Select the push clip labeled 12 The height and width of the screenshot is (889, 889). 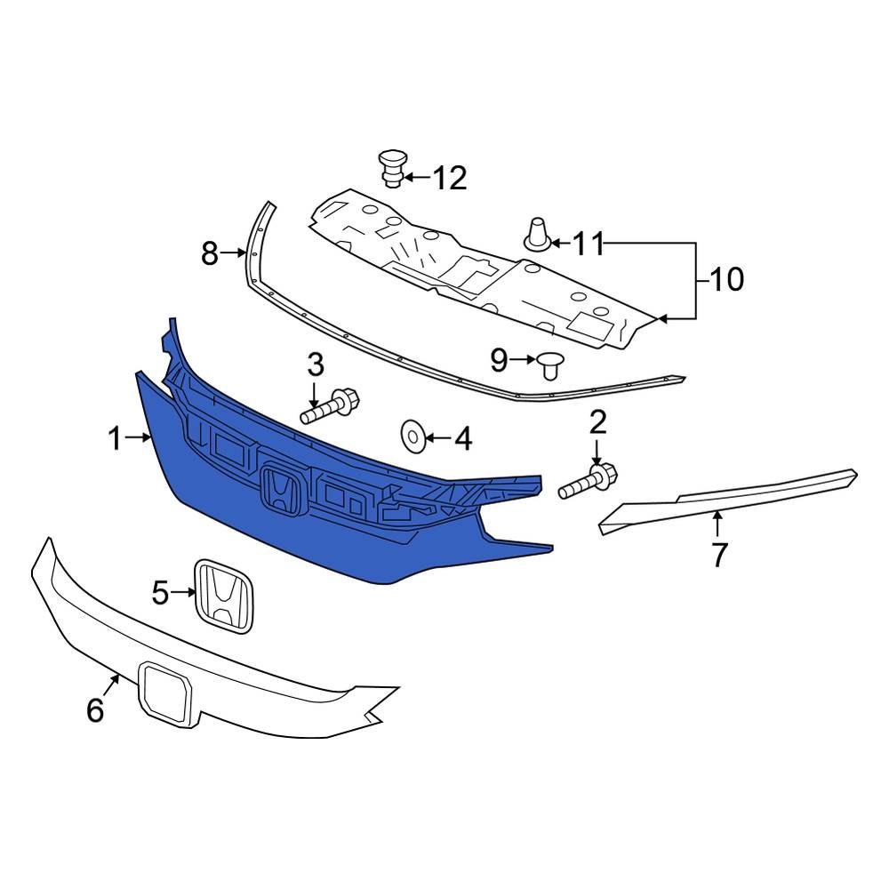coord(392,167)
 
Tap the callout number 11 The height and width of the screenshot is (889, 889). coord(588,244)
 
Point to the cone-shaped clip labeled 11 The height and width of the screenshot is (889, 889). coord(536,235)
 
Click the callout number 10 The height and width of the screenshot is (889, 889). coord(726,279)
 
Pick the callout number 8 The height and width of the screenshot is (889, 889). coord(210,253)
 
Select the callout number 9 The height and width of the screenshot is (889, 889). coord(499,360)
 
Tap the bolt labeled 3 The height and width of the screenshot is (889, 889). coord(330,406)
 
